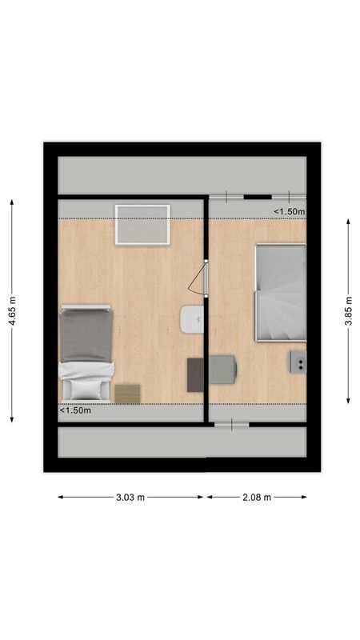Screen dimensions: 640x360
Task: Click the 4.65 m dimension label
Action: pos(13,310)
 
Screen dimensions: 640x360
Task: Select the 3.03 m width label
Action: pos(130,497)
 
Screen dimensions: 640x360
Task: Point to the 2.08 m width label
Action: pos(256,497)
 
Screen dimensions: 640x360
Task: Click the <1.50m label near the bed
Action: pos(76,411)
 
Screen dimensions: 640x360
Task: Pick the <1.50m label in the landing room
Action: pos(290,211)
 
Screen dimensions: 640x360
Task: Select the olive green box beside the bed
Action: pos(127,393)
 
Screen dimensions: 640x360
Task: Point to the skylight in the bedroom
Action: pos(142,225)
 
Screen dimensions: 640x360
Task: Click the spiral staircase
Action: pos(280,293)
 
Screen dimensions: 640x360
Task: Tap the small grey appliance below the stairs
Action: pos(298,362)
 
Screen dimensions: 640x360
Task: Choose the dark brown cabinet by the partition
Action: pos(195,374)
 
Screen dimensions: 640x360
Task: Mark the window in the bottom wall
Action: pos(232,426)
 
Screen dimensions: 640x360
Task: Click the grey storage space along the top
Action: pos(182,175)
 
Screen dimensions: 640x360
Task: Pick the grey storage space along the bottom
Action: pos(182,442)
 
